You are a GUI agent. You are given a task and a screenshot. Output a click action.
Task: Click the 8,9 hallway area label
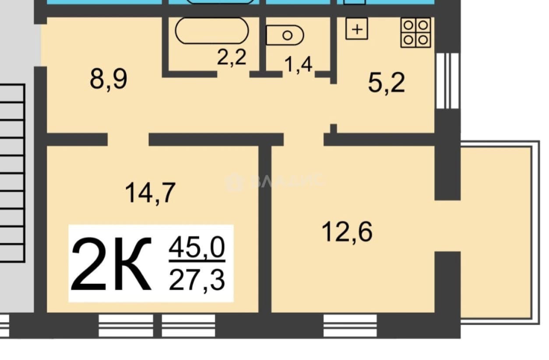point(109,79)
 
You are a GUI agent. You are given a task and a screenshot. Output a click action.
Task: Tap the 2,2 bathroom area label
point(232,57)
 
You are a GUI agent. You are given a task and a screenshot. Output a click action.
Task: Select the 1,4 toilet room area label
point(298,64)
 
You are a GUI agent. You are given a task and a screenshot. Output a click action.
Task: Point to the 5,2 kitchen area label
point(386,83)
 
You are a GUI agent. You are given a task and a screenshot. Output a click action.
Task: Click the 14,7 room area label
point(150,193)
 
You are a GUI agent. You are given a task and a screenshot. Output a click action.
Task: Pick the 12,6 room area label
point(347,231)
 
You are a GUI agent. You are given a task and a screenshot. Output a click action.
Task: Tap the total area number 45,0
point(197,247)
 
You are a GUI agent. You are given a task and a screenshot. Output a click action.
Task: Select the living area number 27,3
point(197,280)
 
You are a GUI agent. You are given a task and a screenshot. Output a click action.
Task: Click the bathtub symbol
point(212,31)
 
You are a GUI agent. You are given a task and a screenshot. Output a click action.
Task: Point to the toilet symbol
point(285,35)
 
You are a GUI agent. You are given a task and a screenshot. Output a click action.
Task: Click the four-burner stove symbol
point(415,32)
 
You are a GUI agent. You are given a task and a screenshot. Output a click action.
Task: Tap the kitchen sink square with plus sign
point(357,29)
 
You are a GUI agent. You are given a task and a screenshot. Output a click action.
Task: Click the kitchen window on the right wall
point(447,81)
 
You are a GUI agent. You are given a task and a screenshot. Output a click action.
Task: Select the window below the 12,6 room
point(350,326)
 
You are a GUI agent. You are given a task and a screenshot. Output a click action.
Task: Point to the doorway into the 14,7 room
point(128,140)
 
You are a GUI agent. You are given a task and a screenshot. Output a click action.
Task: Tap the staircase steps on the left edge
point(12,173)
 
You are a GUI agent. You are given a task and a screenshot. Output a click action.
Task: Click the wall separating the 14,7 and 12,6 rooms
point(265,229)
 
